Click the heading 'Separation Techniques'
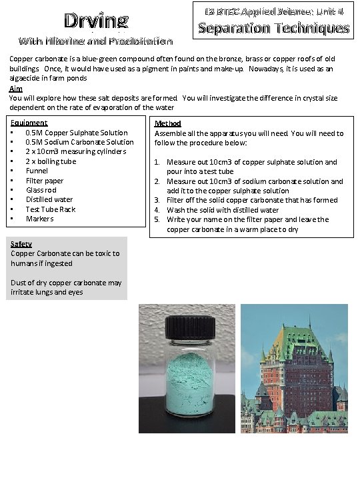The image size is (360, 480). click(x=273, y=28)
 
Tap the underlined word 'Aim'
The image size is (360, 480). click(x=15, y=89)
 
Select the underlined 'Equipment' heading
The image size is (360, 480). click(x=29, y=123)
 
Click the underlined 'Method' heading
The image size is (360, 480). click(x=167, y=123)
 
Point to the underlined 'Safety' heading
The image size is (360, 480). click(x=21, y=244)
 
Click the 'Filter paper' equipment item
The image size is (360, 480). click(x=45, y=181)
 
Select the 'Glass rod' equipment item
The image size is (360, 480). click(x=41, y=190)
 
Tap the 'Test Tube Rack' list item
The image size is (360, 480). click(x=50, y=209)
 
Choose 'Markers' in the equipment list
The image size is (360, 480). click(x=39, y=219)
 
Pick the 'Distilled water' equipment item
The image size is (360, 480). click(x=49, y=199)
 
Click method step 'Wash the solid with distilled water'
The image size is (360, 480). click(x=223, y=210)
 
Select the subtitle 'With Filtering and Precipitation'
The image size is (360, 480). click(x=95, y=41)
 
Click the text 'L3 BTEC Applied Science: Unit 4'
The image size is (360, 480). click(x=273, y=11)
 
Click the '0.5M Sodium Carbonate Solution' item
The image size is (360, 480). click(x=79, y=142)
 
